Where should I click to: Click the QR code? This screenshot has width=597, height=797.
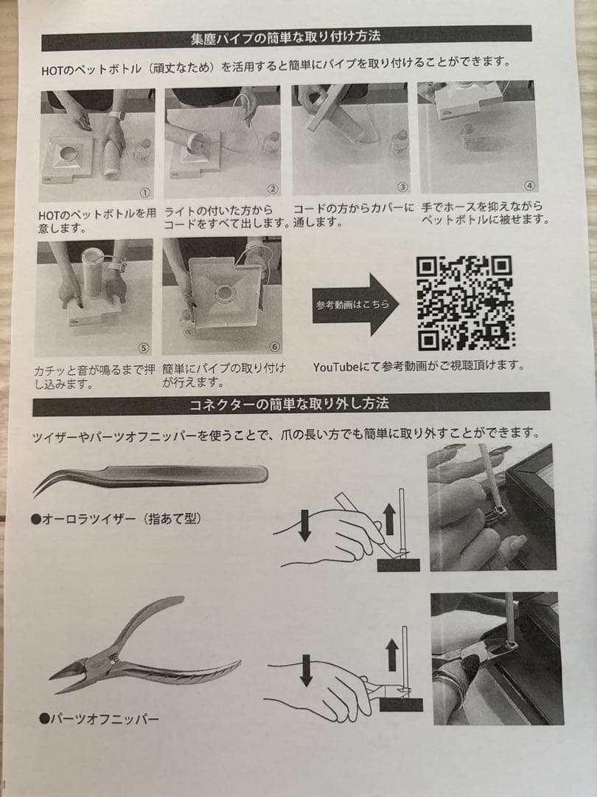coord(465,303)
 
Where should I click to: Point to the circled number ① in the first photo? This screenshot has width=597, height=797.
coord(145,193)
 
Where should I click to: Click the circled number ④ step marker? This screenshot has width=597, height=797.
coord(528,186)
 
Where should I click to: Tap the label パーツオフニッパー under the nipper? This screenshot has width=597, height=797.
coord(99,717)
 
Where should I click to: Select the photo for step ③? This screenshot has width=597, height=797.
coord(350,139)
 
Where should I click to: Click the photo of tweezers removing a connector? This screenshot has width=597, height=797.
coord(492,507)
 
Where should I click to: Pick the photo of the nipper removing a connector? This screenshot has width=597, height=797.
coord(493,658)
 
